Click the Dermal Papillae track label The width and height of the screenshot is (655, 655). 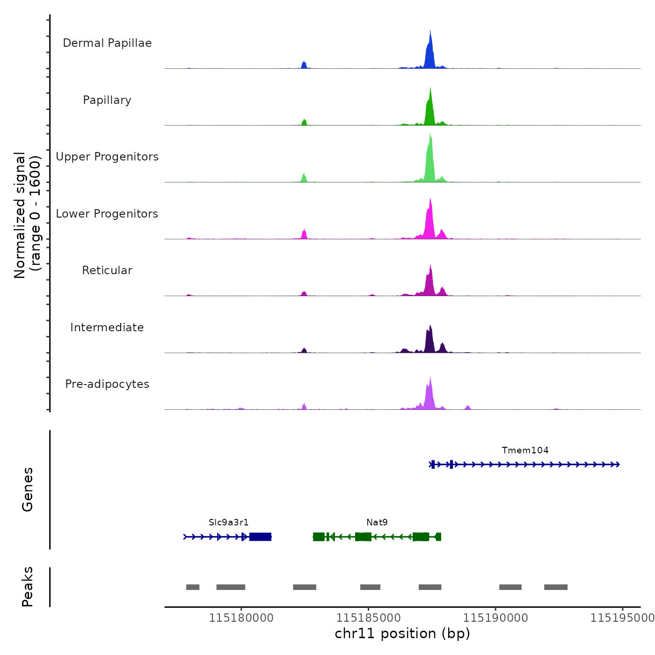(x=107, y=43)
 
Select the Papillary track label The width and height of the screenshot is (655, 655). (x=107, y=100)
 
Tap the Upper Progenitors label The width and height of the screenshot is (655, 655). (x=107, y=157)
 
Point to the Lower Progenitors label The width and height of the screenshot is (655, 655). (x=107, y=214)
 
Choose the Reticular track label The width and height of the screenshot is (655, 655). (x=107, y=270)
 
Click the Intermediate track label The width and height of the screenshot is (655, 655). (x=107, y=327)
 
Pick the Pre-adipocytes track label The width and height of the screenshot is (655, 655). (x=107, y=384)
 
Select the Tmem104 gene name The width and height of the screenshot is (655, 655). (x=525, y=451)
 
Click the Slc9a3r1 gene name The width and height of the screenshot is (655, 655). (x=228, y=523)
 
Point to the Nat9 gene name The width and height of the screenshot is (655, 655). (x=377, y=523)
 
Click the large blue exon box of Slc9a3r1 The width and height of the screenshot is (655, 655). (x=260, y=537)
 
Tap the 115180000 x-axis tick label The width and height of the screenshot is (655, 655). (x=241, y=618)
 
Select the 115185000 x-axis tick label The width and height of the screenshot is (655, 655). (x=368, y=618)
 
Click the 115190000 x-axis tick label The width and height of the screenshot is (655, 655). (x=495, y=618)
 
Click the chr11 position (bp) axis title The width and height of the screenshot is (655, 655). (x=402, y=634)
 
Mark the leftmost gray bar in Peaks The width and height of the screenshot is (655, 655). (x=193, y=587)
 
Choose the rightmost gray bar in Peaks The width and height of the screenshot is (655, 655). (x=556, y=587)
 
